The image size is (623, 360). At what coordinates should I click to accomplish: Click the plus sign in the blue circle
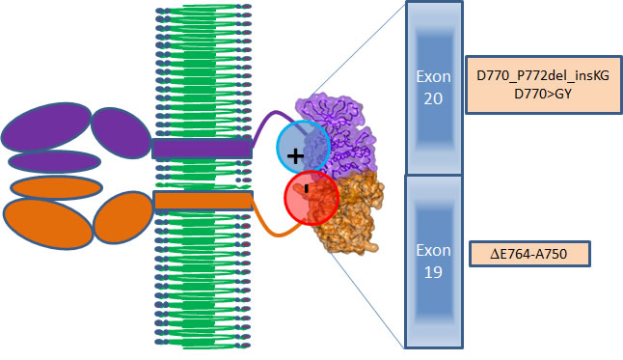point(295,154)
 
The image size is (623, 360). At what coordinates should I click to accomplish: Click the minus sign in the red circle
point(306,189)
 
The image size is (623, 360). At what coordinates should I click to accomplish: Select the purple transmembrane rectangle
point(202,149)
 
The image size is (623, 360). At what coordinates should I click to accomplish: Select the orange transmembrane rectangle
point(203,201)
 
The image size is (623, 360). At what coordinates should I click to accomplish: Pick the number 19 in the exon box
point(434,272)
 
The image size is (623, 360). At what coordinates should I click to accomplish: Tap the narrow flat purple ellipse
point(54,161)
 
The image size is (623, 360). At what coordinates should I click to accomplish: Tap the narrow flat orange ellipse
point(56,186)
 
